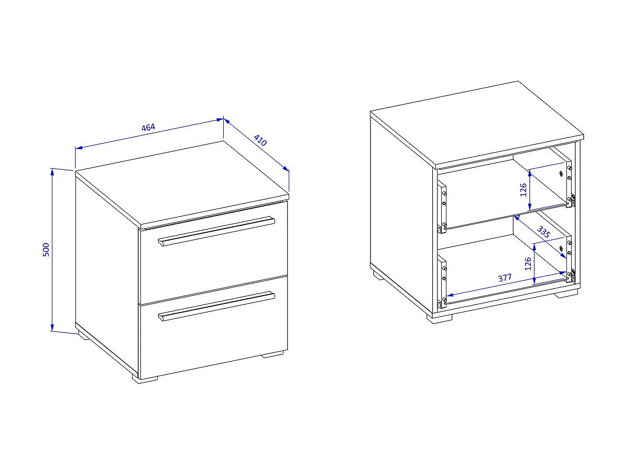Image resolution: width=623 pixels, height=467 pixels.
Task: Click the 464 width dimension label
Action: (x=148, y=127)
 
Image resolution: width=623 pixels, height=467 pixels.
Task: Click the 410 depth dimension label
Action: (x=260, y=140)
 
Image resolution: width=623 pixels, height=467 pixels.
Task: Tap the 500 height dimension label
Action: (x=46, y=249)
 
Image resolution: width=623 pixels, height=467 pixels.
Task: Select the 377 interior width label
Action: (x=505, y=277)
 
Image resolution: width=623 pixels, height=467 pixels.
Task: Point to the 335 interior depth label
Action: (x=543, y=232)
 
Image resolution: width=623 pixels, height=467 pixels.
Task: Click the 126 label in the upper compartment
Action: (x=523, y=190)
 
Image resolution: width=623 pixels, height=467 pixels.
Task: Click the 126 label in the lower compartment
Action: (x=528, y=264)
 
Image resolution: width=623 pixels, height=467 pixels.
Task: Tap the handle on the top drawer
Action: (x=216, y=231)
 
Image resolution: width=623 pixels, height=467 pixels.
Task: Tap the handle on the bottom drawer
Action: (x=216, y=306)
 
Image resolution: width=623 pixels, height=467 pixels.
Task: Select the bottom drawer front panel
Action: (x=214, y=327)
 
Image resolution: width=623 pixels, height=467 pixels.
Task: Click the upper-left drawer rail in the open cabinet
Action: (x=442, y=207)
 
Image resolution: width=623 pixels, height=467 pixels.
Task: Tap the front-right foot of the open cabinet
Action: (x=566, y=294)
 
